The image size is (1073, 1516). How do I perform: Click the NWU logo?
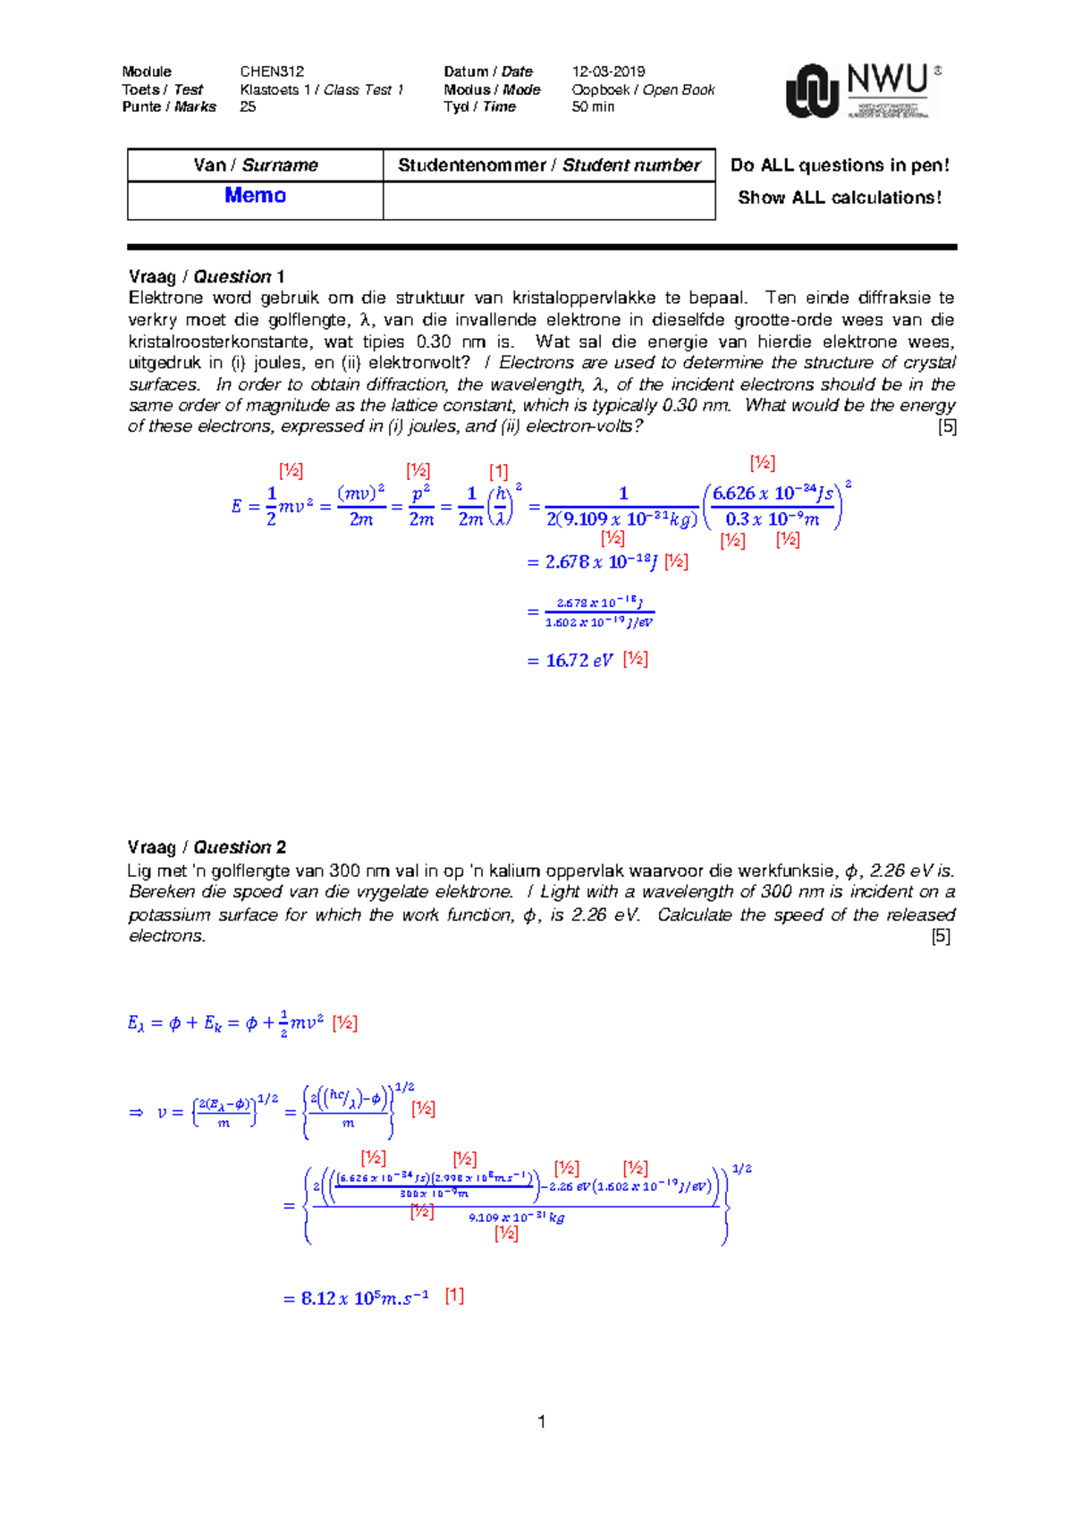[863, 90]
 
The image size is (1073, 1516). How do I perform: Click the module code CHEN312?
[272, 72]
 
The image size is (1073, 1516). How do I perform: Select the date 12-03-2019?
[608, 72]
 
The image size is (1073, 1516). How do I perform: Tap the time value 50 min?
[593, 106]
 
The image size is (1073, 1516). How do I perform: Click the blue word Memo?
[255, 196]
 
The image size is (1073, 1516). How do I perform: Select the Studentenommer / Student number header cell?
[549, 165]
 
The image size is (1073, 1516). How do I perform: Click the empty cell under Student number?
[549, 201]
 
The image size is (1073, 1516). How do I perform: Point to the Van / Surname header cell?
[255, 165]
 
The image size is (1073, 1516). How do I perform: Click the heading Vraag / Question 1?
[206, 276]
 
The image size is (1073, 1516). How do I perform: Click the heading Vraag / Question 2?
[207, 846]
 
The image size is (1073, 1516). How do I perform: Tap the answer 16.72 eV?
[579, 661]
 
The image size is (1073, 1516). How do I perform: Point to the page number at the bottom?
[541, 1421]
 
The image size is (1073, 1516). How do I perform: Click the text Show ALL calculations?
[839, 198]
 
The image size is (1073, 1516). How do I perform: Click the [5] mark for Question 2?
[941, 936]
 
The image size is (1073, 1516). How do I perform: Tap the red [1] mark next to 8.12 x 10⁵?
[454, 1295]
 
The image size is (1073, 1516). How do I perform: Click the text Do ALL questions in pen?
[839, 165]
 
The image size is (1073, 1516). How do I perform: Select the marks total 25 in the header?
[248, 106]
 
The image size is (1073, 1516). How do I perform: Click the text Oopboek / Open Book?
[643, 89]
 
